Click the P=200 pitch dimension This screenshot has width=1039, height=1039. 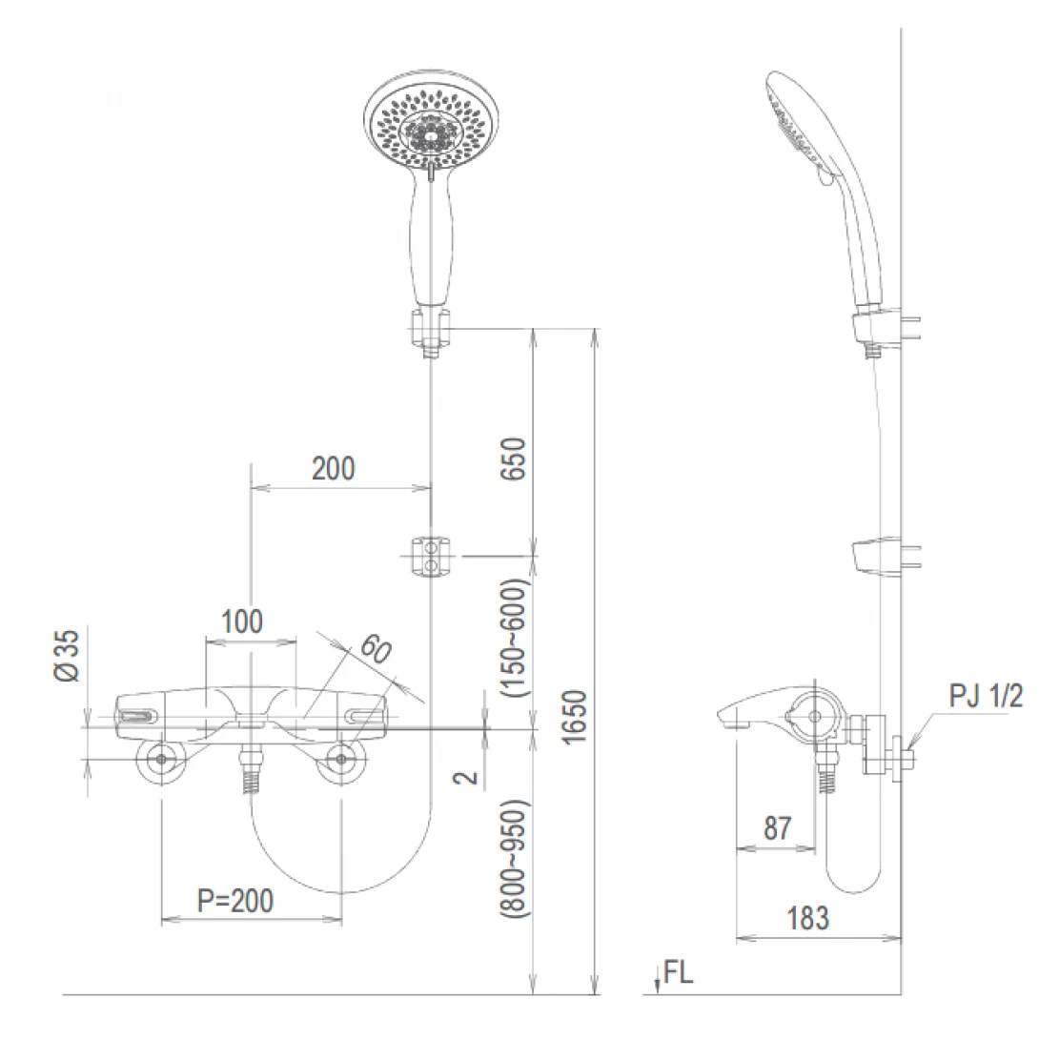coord(234,900)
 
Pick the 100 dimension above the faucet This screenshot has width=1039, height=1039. coord(242,622)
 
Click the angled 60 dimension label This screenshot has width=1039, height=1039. coord(375,651)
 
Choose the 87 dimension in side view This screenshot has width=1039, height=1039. coord(778,827)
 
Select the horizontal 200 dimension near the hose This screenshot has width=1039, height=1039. coord(334,468)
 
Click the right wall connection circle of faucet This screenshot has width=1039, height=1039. coord(340,760)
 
